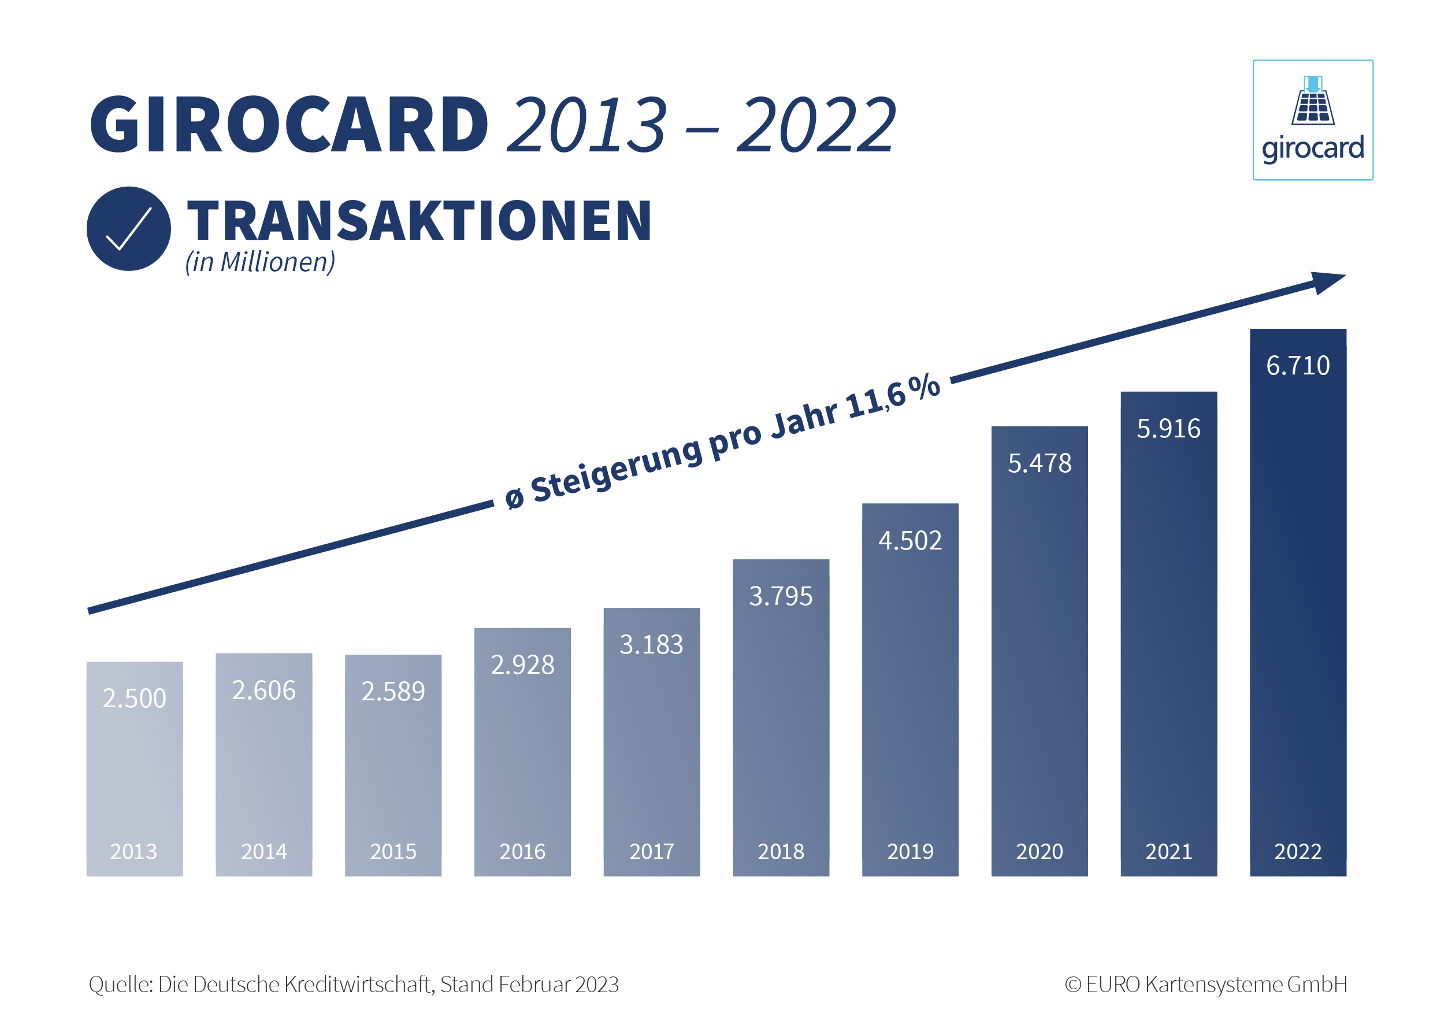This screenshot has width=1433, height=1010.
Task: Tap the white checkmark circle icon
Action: tap(129, 228)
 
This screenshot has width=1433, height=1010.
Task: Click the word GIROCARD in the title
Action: tap(289, 124)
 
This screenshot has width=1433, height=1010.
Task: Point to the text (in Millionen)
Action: tap(259, 262)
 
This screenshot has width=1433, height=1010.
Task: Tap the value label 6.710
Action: tap(1298, 366)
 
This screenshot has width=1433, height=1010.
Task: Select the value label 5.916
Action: tap(1168, 429)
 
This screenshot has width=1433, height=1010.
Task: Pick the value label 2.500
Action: tap(134, 698)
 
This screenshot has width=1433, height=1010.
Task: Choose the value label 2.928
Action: tap(522, 665)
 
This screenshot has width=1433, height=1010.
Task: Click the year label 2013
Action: tap(133, 852)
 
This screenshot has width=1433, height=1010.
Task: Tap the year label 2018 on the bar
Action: tap(781, 852)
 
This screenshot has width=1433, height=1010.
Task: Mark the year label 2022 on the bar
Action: tap(1298, 852)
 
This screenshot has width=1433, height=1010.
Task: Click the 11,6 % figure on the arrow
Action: tap(893, 397)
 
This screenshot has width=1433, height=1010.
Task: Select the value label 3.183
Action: tap(651, 645)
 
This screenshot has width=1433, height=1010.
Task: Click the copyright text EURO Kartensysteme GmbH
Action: tap(1216, 985)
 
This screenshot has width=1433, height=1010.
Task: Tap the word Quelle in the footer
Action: tap(120, 985)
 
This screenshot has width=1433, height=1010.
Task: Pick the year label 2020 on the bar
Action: tap(1039, 852)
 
